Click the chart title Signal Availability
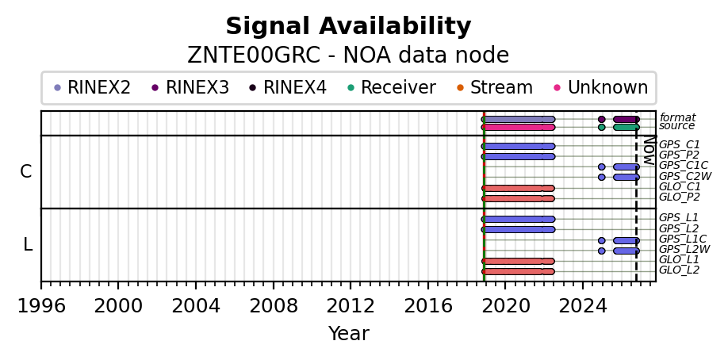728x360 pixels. [x=348, y=26]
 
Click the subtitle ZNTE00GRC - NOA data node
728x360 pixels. [x=348, y=56]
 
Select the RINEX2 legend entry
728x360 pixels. [x=92, y=87]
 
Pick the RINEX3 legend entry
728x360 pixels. [x=190, y=87]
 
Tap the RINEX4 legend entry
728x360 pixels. [x=289, y=87]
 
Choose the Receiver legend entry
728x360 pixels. [x=392, y=87]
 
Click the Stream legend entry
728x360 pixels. [x=495, y=87]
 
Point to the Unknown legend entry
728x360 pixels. [x=601, y=87]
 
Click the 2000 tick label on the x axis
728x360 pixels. [x=118, y=307]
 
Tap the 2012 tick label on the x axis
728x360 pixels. [x=350, y=307]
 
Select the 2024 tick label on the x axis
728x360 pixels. [x=582, y=307]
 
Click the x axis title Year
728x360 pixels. [x=349, y=334]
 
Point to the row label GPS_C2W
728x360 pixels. [x=685, y=176]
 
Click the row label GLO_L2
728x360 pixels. [x=680, y=270]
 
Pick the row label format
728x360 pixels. [x=677, y=117]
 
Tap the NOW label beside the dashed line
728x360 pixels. [x=649, y=151]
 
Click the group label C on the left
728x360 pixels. [x=26, y=172]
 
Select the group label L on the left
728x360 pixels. [x=28, y=244]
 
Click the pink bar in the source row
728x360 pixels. [x=518, y=128]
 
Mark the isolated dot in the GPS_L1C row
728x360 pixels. [x=602, y=240]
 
